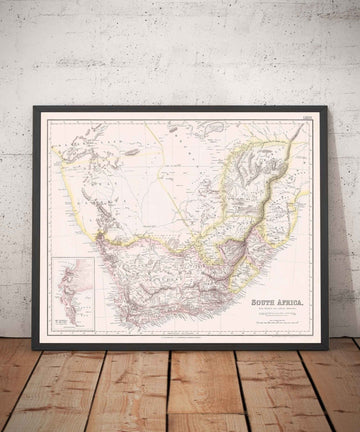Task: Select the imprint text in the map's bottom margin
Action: tap(180, 339)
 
